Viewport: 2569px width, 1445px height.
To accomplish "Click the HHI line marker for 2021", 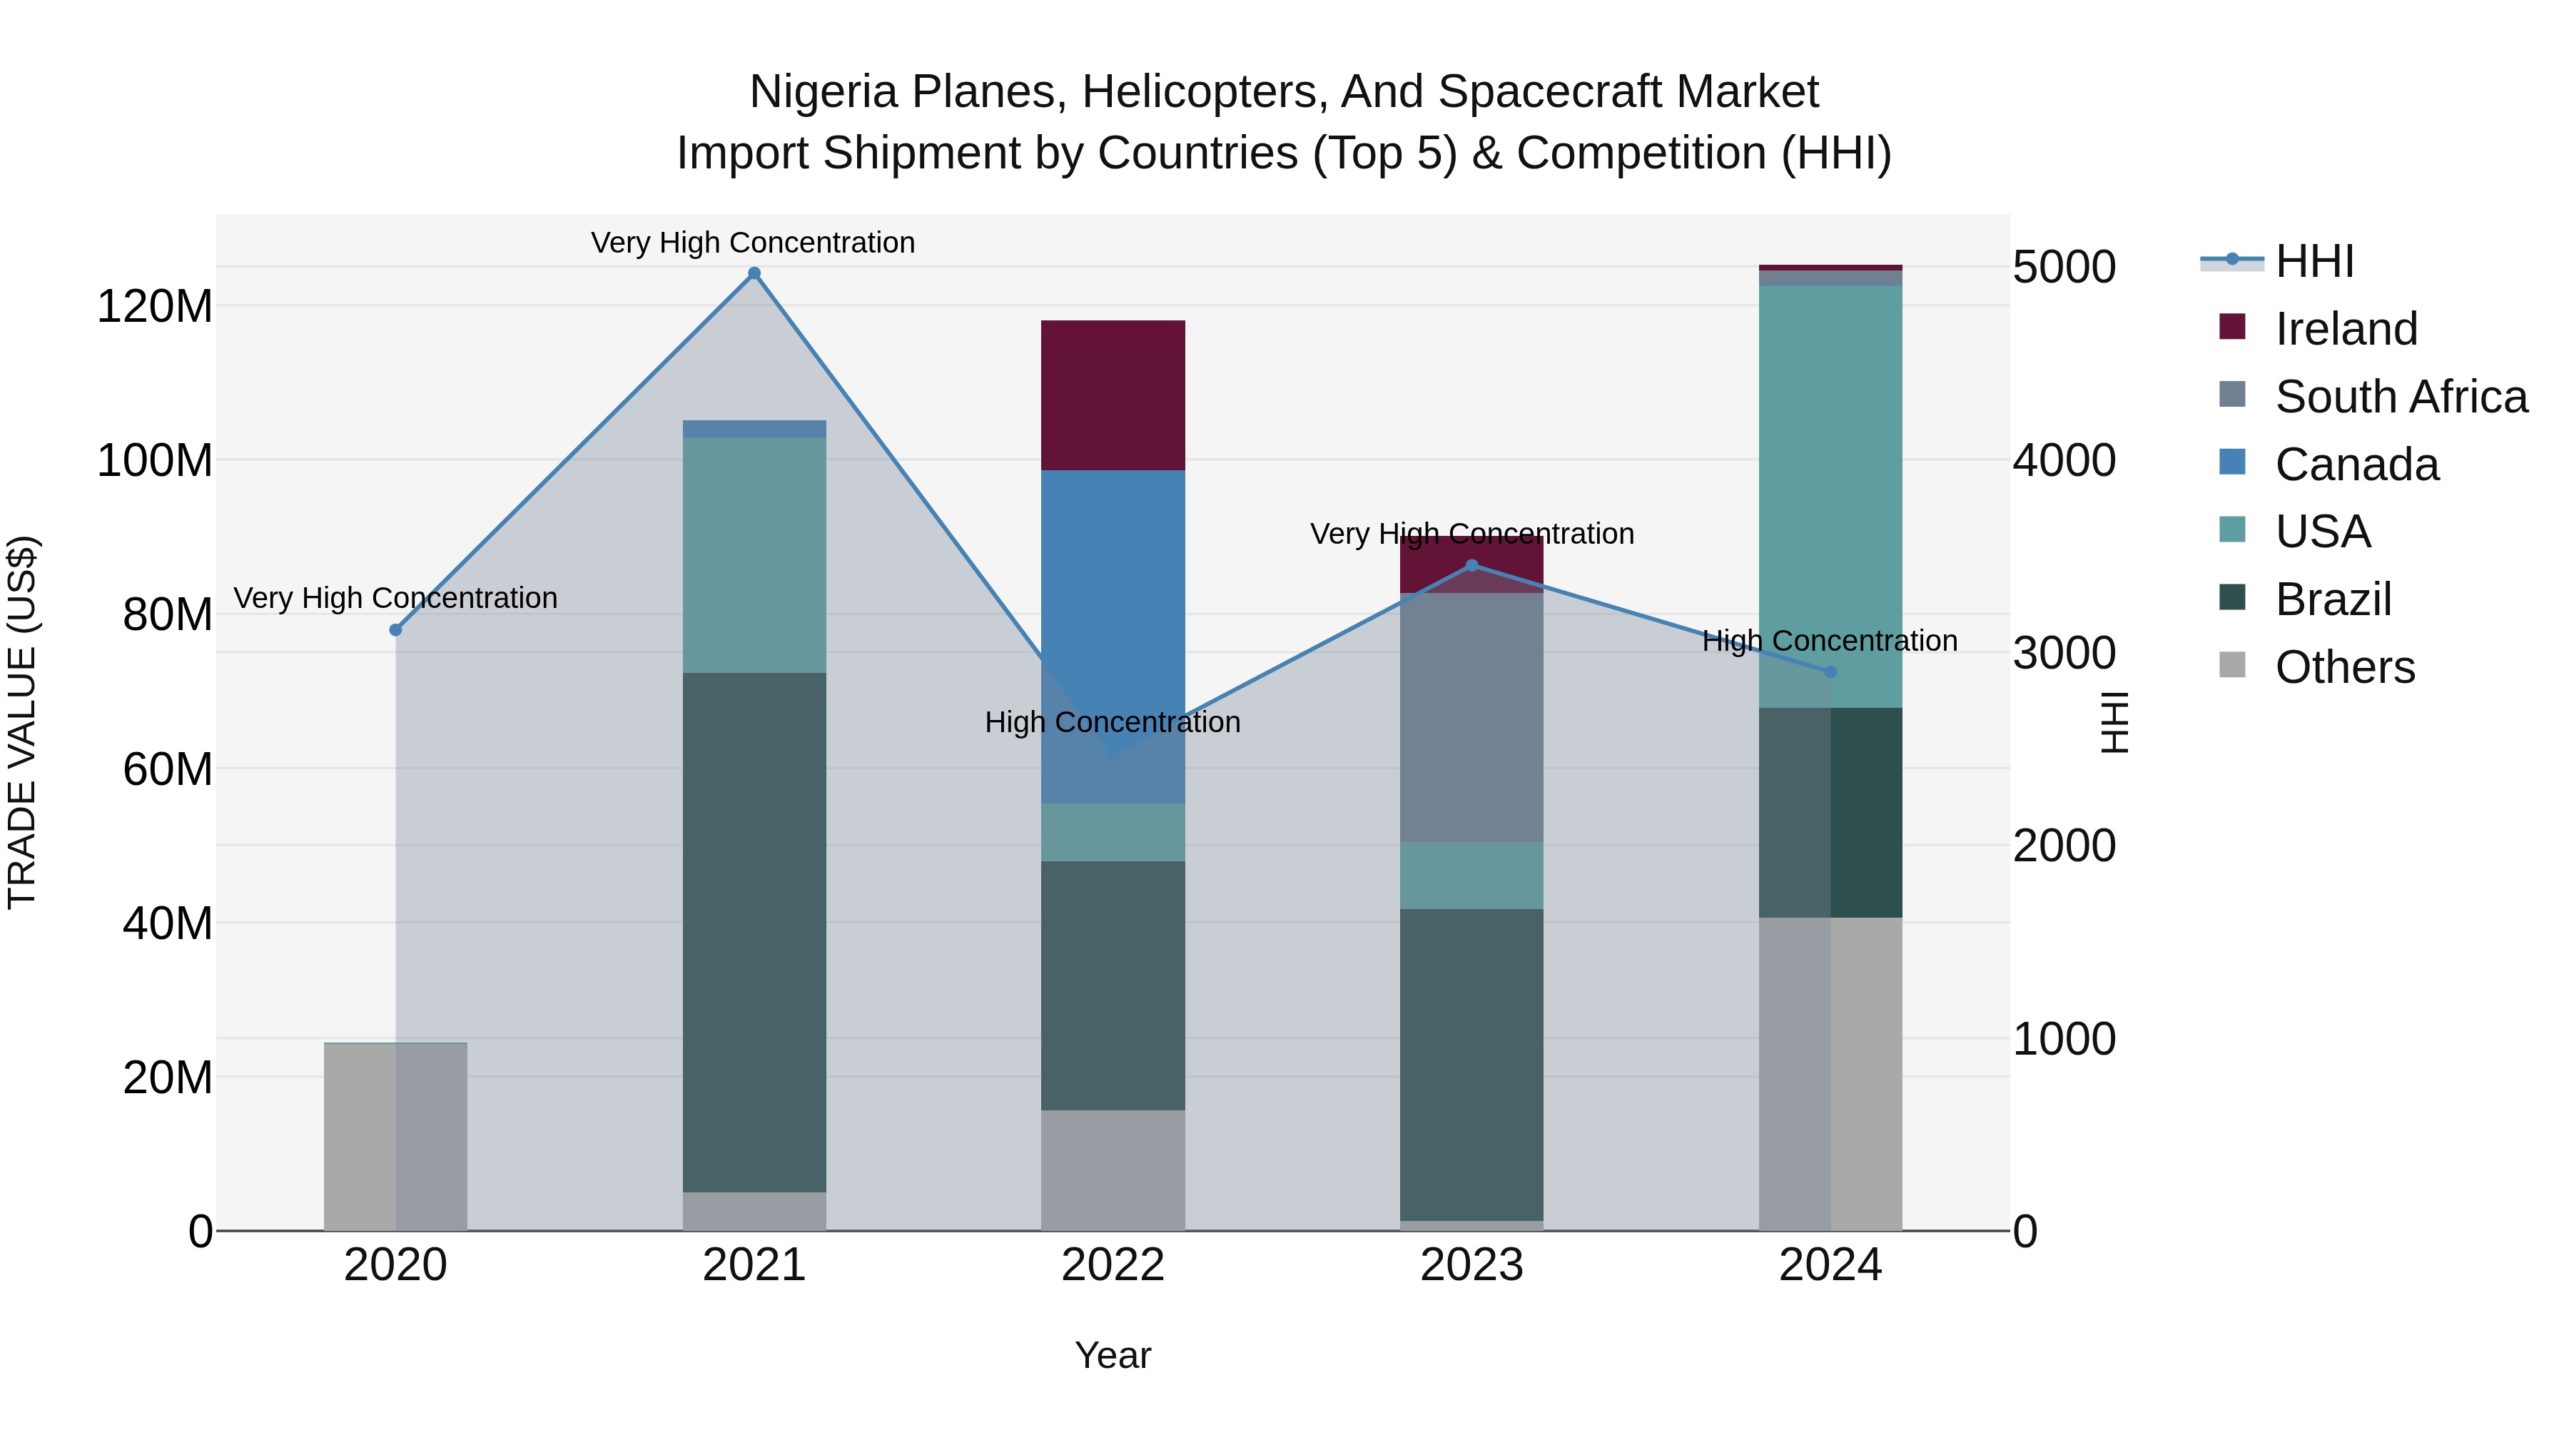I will point(754,273).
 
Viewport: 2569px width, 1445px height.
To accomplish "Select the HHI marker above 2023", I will point(1472,565).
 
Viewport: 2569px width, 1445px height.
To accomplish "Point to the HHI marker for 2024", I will point(1830,672).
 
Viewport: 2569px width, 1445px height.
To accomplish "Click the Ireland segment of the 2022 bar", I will point(1113,395).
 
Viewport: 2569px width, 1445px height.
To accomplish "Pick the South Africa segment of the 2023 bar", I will point(1472,717).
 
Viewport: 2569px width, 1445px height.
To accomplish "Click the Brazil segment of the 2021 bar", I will point(754,933).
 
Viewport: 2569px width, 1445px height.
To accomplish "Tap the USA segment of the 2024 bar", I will point(1830,496).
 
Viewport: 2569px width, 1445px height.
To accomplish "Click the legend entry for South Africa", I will point(2401,397).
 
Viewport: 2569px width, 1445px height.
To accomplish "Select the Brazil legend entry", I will point(2333,599).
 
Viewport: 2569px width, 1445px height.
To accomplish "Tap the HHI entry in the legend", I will point(2314,261).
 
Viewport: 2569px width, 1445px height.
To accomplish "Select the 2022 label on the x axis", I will point(1113,1265).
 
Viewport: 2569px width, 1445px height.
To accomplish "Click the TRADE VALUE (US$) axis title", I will point(22,722).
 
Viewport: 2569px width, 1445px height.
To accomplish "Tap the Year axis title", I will point(1113,1355).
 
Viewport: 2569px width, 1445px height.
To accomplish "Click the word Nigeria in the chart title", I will point(823,92).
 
